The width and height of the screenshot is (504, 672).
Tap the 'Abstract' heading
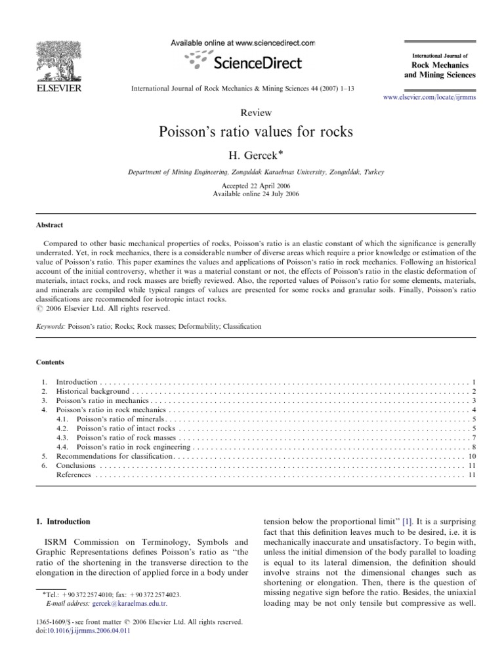tap(49, 224)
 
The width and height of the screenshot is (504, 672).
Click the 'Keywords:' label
tap(50, 325)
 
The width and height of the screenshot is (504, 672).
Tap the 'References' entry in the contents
tap(73, 474)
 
